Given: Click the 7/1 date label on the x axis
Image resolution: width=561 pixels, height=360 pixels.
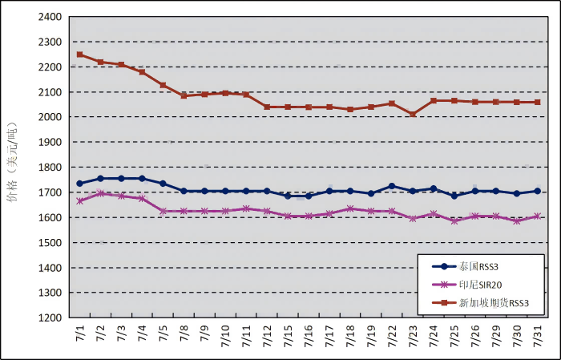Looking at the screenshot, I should pyautogui.click(x=79, y=334).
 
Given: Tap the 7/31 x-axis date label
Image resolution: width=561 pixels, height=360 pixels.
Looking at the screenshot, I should pyautogui.click(x=538, y=334).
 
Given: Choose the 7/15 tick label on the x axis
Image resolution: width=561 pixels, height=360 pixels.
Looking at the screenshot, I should pyautogui.click(x=288, y=334).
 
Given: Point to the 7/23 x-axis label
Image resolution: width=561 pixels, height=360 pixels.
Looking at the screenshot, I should pyautogui.click(x=413, y=334).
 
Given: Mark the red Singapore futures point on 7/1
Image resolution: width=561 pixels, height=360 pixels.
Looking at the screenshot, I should pyautogui.click(x=79, y=55).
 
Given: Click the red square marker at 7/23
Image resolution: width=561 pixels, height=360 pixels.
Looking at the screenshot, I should pyautogui.click(x=413, y=115).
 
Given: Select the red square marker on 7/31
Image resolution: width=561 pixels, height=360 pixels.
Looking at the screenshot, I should pyautogui.click(x=538, y=102).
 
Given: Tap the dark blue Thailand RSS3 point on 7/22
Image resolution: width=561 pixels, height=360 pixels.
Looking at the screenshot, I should pyautogui.click(x=392, y=186).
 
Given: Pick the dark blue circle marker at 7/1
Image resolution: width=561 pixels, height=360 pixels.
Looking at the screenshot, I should pyautogui.click(x=79, y=184).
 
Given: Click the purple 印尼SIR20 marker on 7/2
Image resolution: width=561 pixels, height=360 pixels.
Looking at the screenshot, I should pyautogui.click(x=100, y=193).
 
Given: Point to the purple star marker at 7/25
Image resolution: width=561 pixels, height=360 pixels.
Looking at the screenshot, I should pyautogui.click(x=454, y=220).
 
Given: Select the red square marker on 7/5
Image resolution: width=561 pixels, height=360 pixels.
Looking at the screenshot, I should pyautogui.click(x=163, y=85).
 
